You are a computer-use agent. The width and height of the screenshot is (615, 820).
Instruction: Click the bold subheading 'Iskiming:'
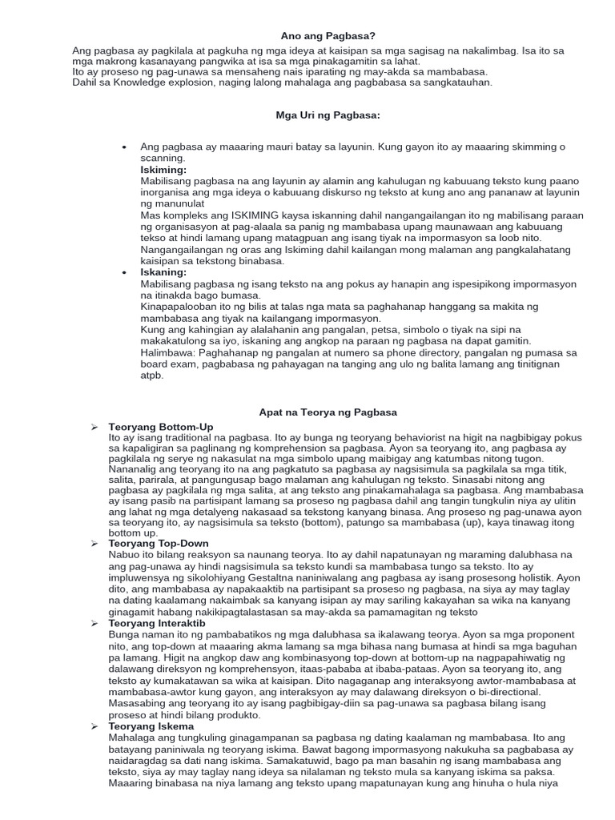coord(163,170)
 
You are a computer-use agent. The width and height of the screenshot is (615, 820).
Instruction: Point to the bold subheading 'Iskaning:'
coord(163,272)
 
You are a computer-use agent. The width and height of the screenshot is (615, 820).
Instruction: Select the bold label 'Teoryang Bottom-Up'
coord(161,428)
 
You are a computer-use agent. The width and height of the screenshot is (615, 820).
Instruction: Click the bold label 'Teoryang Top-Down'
coord(158,544)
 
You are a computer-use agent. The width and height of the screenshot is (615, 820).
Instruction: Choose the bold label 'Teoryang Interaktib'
coord(157,622)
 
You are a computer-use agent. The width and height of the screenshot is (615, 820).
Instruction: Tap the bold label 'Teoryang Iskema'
coord(151,726)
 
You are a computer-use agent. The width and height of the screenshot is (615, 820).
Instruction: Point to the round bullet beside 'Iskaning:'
coord(123,272)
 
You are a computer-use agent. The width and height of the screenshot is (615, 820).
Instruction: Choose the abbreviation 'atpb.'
coord(151,375)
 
